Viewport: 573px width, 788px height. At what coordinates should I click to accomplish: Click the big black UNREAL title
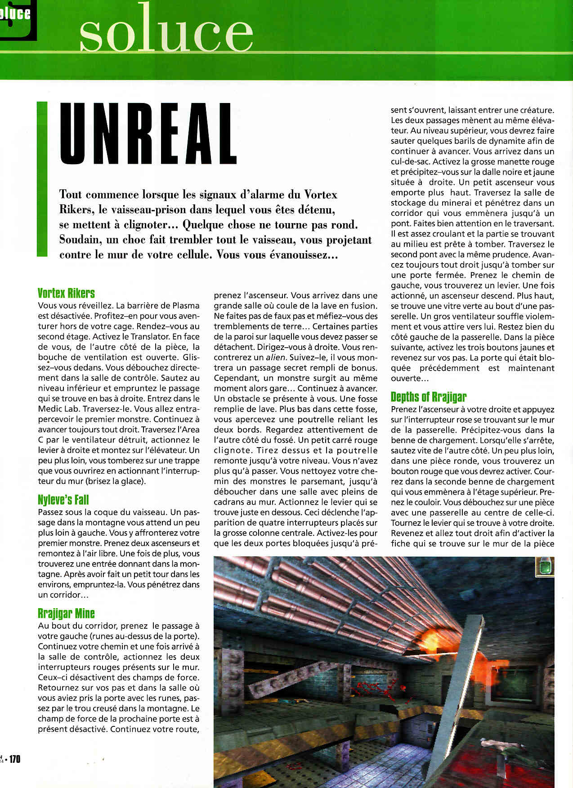pyautogui.click(x=148, y=134)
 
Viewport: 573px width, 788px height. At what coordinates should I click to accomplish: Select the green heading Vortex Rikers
pyautogui.click(x=66, y=293)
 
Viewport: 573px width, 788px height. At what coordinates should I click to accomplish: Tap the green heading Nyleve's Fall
pyautogui.click(x=63, y=500)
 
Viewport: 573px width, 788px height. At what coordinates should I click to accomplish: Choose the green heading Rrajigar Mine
pyautogui.click(x=66, y=613)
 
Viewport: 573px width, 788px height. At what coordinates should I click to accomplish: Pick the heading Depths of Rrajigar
pyautogui.click(x=428, y=397)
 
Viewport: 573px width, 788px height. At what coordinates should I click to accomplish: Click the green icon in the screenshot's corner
pyautogui.click(x=544, y=567)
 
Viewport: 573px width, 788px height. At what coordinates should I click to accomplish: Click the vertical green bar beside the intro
pyautogui.click(x=42, y=179)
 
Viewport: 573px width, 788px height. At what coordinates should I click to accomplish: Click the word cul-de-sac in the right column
pyautogui.click(x=410, y=162)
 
